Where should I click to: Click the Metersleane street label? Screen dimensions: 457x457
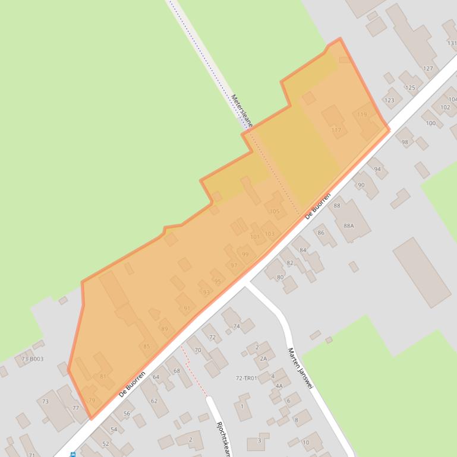click(x=242, y=111)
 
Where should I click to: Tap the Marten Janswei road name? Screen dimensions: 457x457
click(x=300, y=369)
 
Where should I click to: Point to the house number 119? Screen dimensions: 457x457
click(x=362, y=115)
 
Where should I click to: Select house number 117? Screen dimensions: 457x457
click(x=336, y=130)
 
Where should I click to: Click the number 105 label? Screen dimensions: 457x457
click(x=274, y=211)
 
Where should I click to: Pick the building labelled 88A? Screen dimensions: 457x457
click(x=349, y=226)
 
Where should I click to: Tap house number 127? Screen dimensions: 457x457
click(x=428, y=68)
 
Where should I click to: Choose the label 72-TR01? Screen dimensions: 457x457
click(x=246, y=378)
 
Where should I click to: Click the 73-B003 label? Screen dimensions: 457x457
click(x=32, y=359)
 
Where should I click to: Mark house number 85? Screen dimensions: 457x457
click(x=147, y=347)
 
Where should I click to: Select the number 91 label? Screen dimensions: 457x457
click(x=187, y=308)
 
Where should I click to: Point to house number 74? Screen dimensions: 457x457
click(x=237, y=326)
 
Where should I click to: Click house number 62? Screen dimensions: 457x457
click(x=155, y=401)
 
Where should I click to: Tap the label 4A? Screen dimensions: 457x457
click(x=279, y=386)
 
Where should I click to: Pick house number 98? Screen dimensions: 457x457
click(x=405, y=142)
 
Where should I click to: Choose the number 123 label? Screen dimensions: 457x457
click(x=389, y=100)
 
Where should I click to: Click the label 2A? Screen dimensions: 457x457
click(x=263, y=358)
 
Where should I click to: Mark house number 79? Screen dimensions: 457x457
click(x=92, y=401)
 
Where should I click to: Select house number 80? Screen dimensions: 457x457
click(x=280, y=277)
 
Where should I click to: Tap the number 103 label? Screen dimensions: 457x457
click(x=270, y=234)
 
